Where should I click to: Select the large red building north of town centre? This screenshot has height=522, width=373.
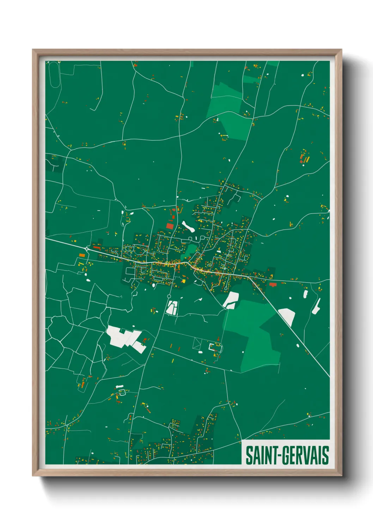point(170,226)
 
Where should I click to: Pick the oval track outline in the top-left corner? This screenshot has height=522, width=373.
point(54,74)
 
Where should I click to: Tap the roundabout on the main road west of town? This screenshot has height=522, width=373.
point(87,249)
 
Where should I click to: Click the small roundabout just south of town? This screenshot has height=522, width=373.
point(169,296)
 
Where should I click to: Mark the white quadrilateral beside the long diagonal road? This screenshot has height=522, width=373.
point(287,317)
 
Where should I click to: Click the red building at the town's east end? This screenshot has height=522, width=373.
point(273,284)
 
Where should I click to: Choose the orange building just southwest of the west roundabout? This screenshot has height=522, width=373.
point(82,255)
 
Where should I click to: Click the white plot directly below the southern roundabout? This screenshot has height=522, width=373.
point(172,308)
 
